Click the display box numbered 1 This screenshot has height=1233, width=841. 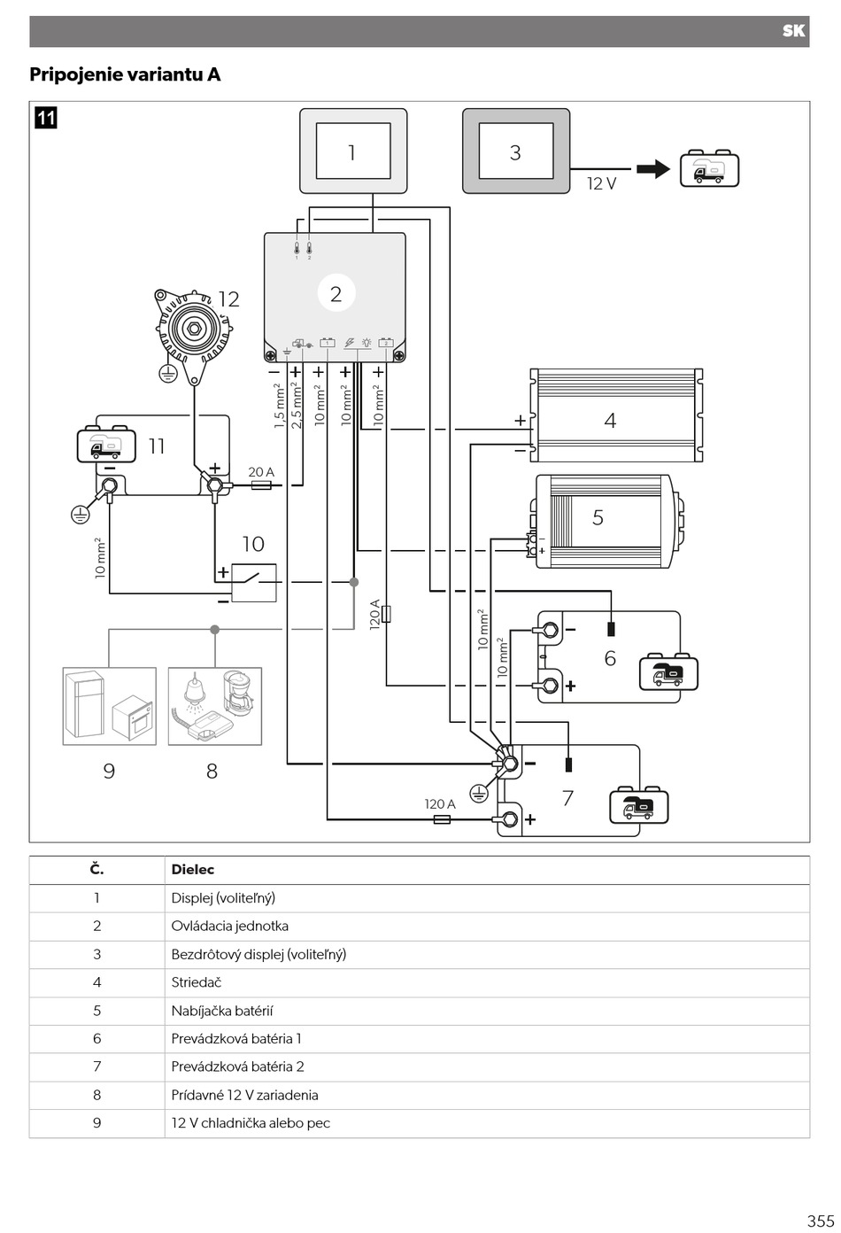tap(353, 151)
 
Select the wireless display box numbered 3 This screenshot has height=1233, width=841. tap(516, 151)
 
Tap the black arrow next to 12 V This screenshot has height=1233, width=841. tap(653, 169)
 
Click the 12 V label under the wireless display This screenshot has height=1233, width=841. tap(602, 184)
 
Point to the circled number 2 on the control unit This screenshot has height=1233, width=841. tap(336, 293)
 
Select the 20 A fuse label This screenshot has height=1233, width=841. tap(261, 472)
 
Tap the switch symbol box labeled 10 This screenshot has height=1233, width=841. tap(253, 582)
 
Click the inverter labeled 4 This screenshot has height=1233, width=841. tap(617, 415)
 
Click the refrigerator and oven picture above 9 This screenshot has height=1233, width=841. tap(110, 706)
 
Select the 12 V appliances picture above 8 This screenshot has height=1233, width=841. tap(215, 706)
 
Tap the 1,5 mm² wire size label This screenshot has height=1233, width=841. tap(280, 406)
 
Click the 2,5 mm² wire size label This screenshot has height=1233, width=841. tap(297, 406)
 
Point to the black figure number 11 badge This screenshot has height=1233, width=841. tap(46, 118)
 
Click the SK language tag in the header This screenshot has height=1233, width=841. tap(794, 31)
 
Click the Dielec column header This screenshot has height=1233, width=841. tap(192, 870)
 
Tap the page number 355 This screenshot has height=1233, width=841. tap(821, 1221)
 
